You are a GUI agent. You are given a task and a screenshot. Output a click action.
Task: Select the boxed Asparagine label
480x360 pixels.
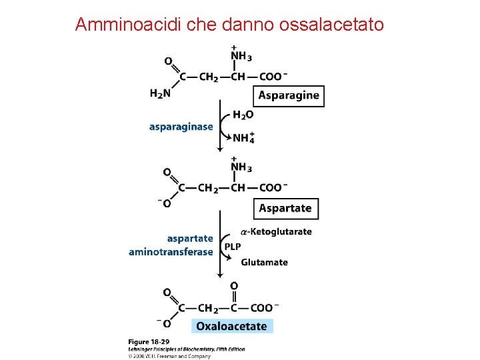coord(289,95)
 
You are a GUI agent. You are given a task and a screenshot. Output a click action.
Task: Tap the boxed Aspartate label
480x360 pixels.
coord(285,208)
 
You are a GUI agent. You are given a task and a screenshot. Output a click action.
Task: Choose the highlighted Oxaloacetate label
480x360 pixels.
coord(231,326)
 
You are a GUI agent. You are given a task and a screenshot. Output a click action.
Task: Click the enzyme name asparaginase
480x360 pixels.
coord(181,127)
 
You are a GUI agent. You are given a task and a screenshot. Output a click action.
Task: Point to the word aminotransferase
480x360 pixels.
coord(171,252)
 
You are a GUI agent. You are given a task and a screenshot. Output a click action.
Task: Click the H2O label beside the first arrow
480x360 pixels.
coord(243,115)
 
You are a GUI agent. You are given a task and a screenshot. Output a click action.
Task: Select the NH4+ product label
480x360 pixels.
coord(243,138)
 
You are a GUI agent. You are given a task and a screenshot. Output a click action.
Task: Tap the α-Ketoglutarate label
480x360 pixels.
coord(275,232)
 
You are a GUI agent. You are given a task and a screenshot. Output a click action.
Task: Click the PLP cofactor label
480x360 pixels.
coord(233,247)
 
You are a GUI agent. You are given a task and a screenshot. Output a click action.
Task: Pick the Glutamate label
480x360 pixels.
coord(264,262)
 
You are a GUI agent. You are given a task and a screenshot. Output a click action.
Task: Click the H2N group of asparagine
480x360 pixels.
coord(160,93)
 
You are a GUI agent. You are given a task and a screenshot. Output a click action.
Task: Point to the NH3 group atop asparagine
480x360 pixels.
coord(240,56)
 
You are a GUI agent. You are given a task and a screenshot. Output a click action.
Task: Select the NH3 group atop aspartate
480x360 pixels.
coord(240,167)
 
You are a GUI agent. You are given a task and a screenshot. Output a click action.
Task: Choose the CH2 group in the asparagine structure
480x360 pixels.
coord(208,77)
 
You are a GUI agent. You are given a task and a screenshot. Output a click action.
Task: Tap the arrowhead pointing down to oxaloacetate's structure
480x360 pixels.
coord(220,276)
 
